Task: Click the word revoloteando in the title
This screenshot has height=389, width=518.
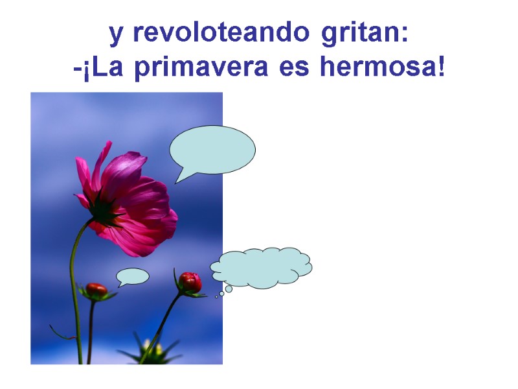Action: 218,34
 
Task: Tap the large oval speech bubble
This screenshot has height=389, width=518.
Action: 212,149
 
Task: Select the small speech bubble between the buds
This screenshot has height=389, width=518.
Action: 134,276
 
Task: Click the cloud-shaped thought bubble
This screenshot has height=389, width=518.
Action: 262,267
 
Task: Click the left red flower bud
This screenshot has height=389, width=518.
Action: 96,290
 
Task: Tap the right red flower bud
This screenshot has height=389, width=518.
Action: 190,282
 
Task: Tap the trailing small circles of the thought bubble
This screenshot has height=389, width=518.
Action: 224,292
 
